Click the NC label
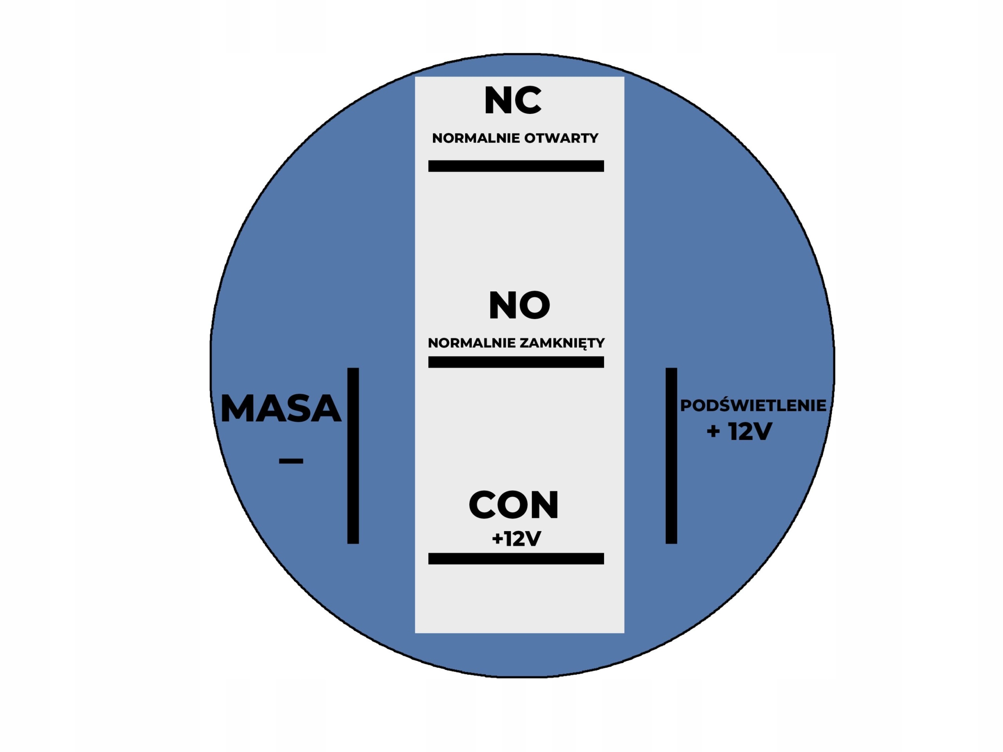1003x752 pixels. point(512,101)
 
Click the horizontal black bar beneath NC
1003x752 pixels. point(516,166)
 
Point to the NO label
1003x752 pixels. point(519,305)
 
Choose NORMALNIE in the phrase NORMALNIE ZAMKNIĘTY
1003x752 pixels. point(472,343)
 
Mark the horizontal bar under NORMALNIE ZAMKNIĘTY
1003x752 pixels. point(516,362)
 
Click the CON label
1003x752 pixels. point(513,505)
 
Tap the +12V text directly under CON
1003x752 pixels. point(516,539)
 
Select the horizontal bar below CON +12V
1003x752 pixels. point(516,559)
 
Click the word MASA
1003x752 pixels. point(280,409)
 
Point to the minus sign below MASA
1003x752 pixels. point(291,461)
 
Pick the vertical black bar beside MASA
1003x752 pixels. point(353,456)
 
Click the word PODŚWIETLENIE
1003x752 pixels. point(753,406)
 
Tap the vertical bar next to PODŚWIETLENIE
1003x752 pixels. point(671,456)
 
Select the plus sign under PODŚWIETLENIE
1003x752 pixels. point(713,431)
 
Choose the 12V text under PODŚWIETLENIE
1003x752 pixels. point(750,431)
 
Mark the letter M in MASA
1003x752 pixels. point(237,409)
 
